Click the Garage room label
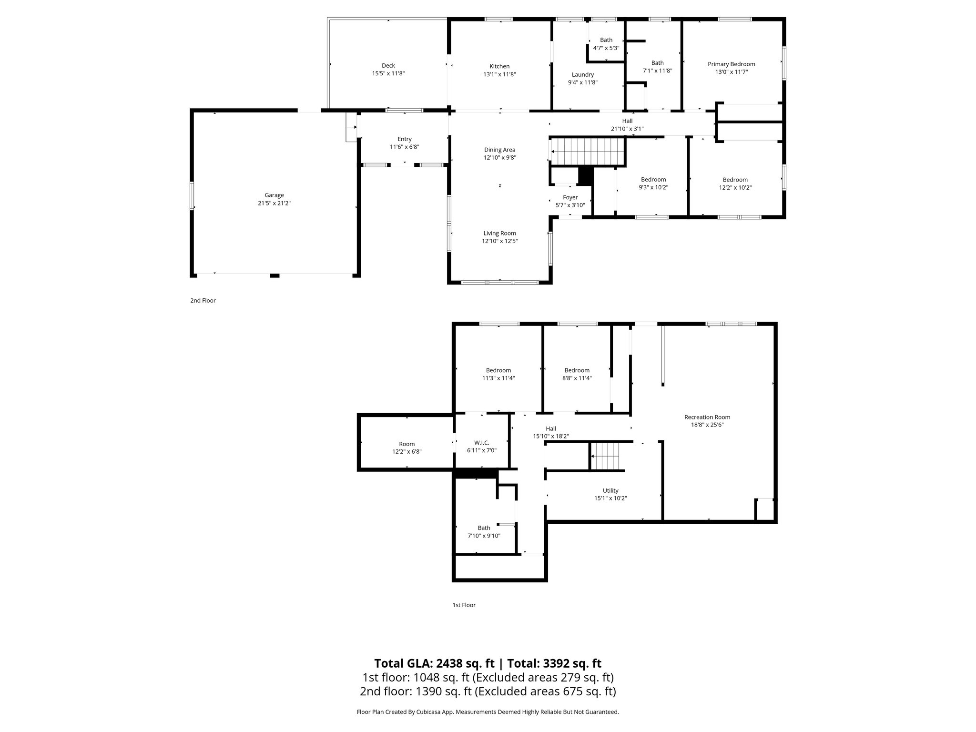tap(274, 195)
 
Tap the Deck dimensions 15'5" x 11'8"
tap(388, 73)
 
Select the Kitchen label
tap(499, 66)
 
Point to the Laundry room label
tap(582, 74)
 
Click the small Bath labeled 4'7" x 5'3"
tap(606, 44)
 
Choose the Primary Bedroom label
tap(731, 64)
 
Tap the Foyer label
tap(570, 197)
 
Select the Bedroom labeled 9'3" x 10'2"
tap(653, 183)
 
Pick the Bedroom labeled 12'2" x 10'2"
tap(735, 183)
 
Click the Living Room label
tap(499, 233)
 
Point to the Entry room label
tap(404, 139)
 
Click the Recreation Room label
tap(707, 417)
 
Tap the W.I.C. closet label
tap(481, 443)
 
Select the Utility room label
tap(610, 490)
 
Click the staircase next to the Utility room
tap(605, 456)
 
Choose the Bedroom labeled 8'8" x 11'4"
tap(577, 374)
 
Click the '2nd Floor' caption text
tap(203, 301)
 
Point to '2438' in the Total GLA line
tap(450, 663)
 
